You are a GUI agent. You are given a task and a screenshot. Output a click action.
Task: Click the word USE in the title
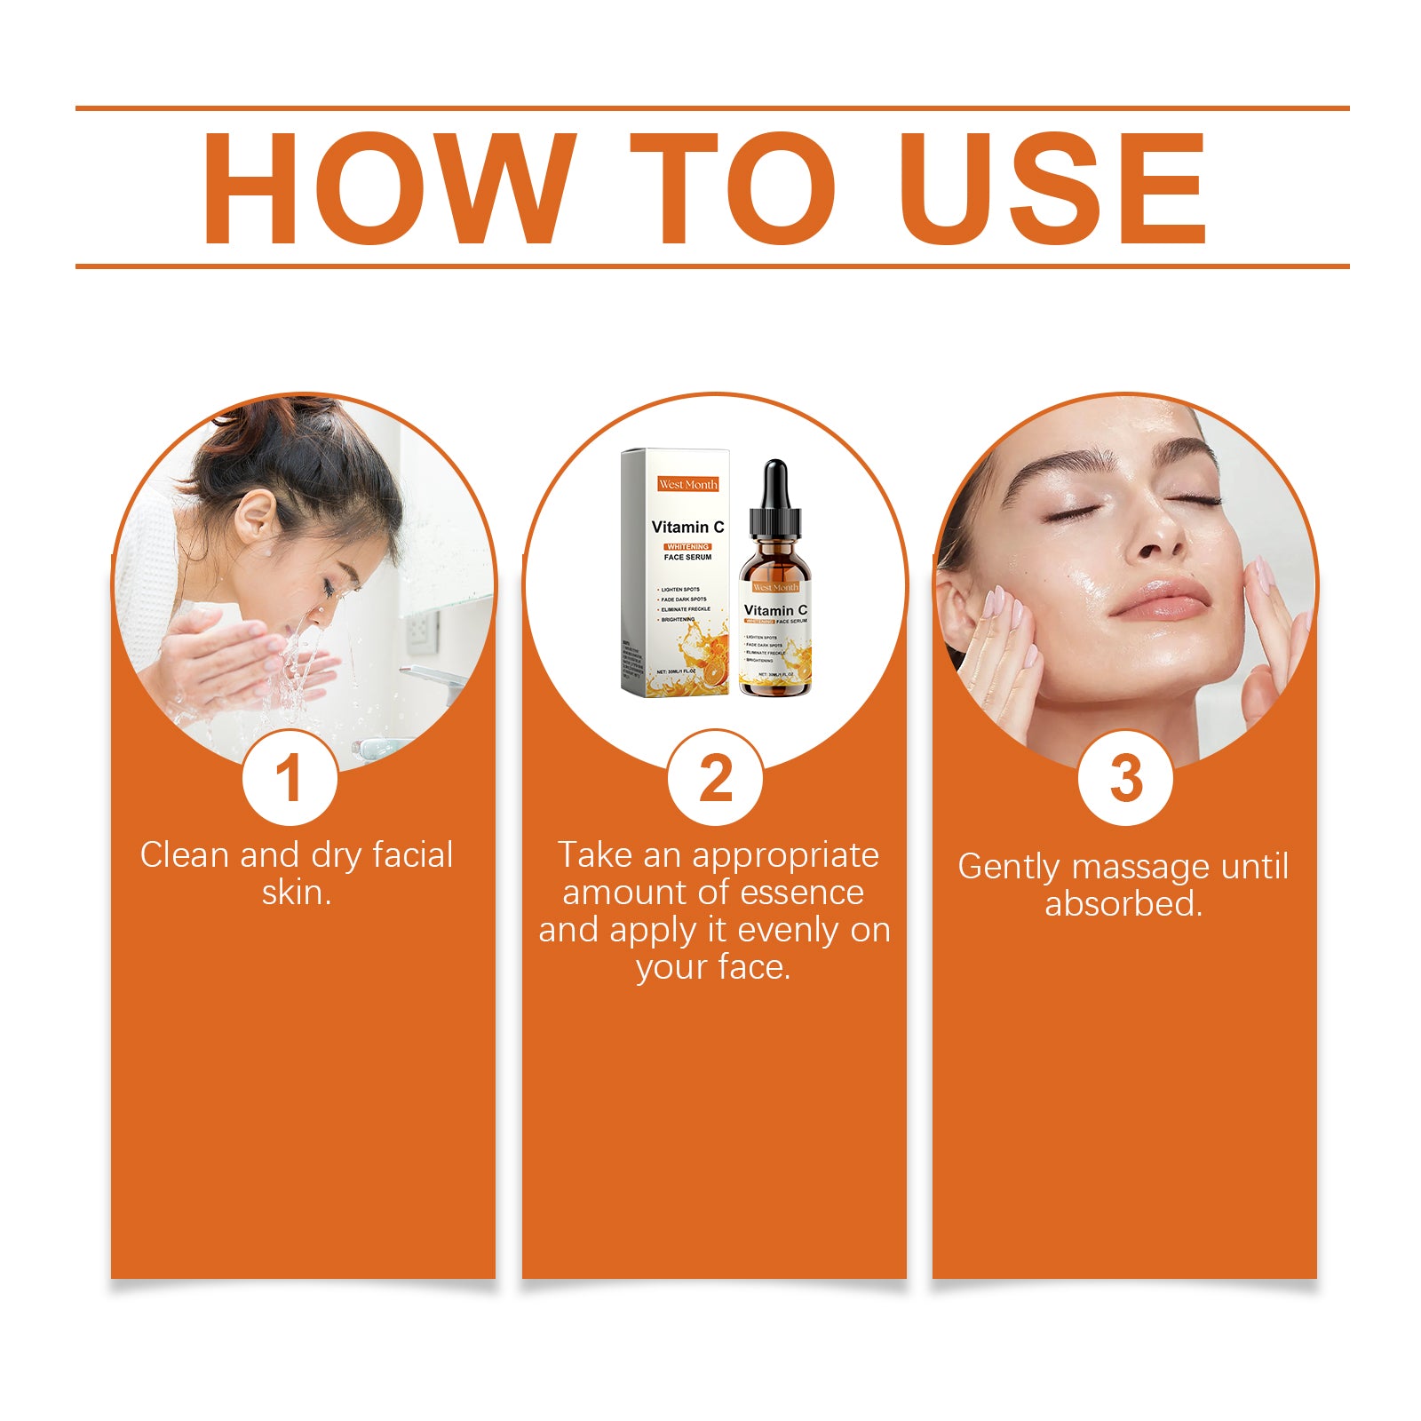1053,188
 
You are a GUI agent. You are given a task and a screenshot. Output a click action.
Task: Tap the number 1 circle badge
290,779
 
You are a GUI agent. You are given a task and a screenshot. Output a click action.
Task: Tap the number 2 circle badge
715,779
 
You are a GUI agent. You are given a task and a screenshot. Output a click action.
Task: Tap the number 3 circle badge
1125,779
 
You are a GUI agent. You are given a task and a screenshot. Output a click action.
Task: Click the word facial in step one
412,855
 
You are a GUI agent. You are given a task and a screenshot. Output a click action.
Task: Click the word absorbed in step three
1123,904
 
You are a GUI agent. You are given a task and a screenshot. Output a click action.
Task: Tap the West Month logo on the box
687,484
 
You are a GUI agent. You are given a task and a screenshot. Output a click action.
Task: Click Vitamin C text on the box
687,527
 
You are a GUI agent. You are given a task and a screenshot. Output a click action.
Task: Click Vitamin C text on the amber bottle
775,610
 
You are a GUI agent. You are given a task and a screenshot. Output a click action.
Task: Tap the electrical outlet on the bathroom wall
421,631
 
